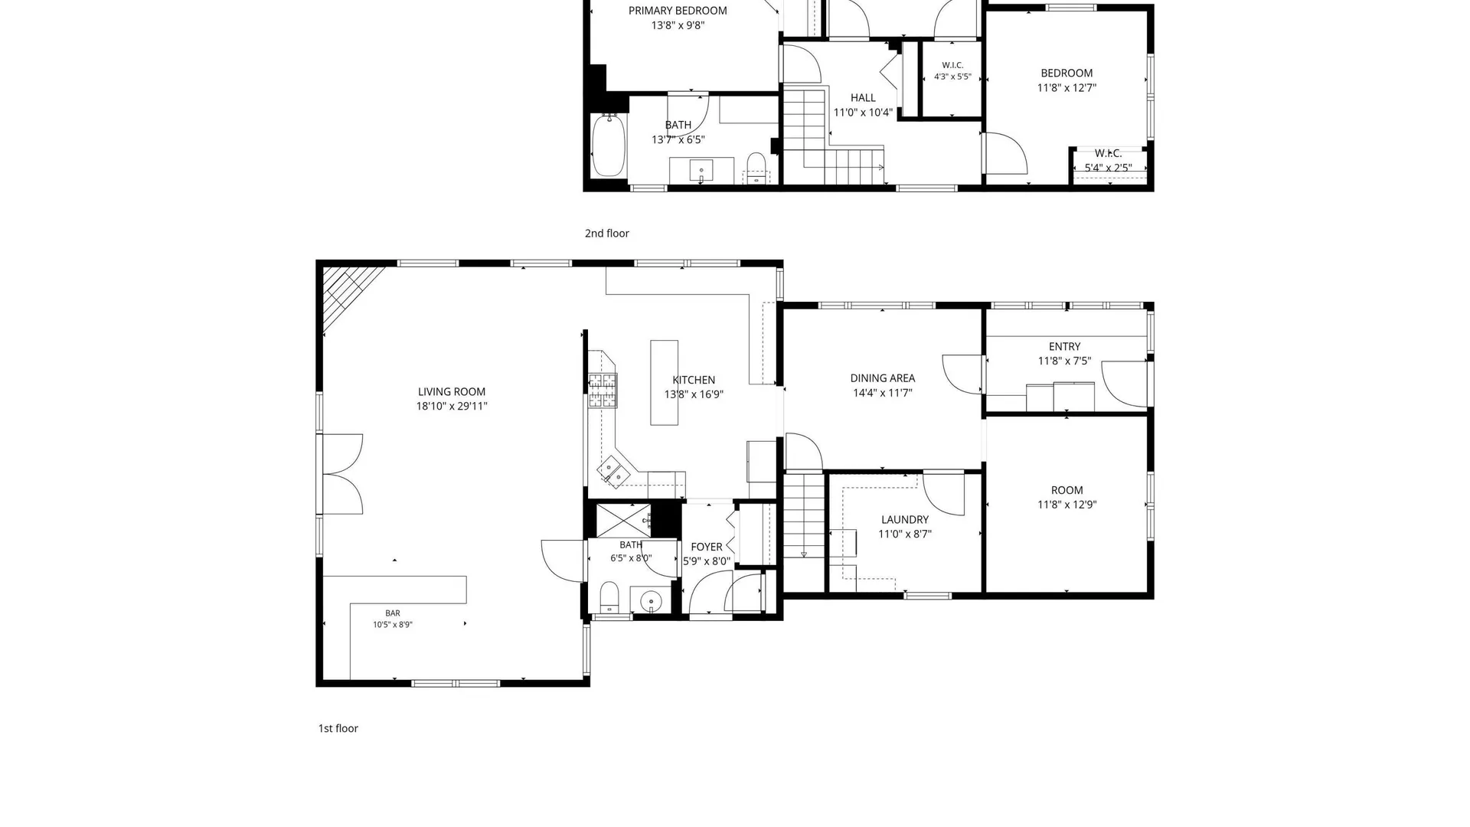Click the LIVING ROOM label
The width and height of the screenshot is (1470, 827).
(451, 392)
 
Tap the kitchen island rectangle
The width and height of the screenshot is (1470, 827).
(664, 383)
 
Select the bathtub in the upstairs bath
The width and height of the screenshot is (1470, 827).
(609, 145)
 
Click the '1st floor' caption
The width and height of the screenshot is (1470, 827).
(338, 728)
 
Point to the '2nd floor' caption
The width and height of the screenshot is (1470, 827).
(607, 234)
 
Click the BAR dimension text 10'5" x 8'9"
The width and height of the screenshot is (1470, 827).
(393, 625)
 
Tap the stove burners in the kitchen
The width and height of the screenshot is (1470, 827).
(603, 391)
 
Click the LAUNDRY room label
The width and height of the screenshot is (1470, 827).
(905, 520)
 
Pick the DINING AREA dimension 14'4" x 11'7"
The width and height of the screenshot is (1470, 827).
(883, 393)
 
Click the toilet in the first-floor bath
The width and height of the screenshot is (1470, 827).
(609, 597)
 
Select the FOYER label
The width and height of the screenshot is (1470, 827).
(707, 547)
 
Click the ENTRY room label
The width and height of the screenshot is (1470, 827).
(1065, 347)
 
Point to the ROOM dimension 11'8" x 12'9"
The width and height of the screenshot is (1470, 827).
(1067, 505)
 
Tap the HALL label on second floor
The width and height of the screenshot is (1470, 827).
(863, 98)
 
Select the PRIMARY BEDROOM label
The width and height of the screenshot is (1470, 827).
(678, 11)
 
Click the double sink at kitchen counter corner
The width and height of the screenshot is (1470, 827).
(614, 472)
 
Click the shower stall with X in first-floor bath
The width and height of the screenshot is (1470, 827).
(623, 520)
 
